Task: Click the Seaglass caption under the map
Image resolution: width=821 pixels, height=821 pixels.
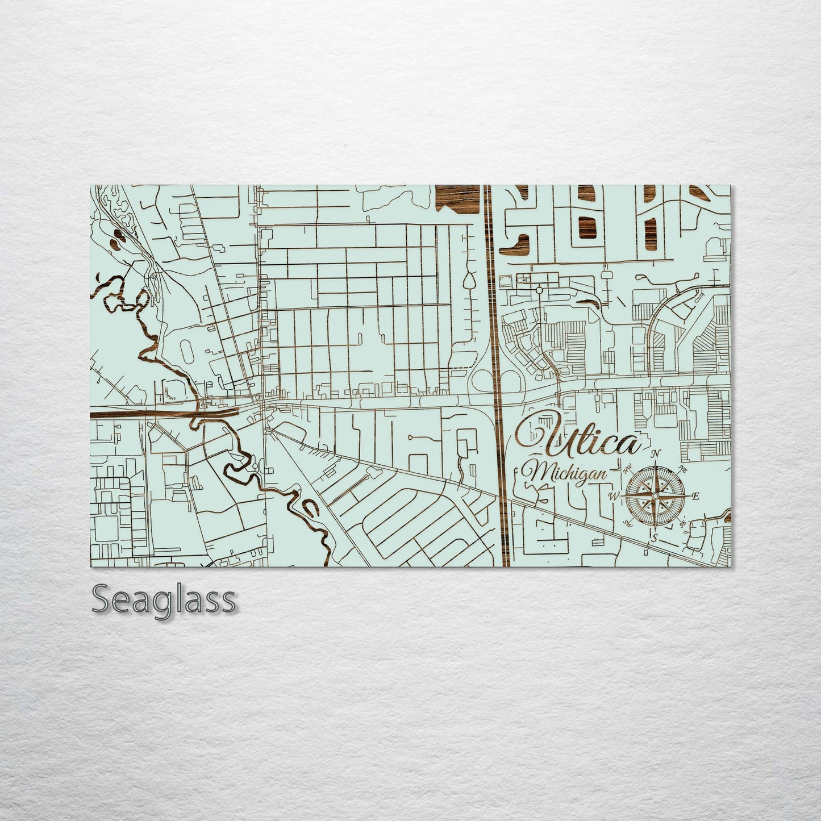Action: [164, 599]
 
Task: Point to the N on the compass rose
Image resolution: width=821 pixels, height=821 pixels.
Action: [656, 453]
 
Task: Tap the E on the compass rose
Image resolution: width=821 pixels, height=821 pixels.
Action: [696, 496]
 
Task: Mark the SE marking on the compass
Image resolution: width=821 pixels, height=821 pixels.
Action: [683, 523]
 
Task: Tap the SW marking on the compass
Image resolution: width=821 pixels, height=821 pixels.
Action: [628, 523]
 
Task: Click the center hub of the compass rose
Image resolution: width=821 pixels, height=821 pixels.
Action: [655, 496]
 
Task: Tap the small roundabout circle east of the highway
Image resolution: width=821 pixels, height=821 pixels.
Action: [539, 290]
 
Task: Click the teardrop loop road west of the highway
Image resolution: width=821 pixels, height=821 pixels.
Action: [469, 281]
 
